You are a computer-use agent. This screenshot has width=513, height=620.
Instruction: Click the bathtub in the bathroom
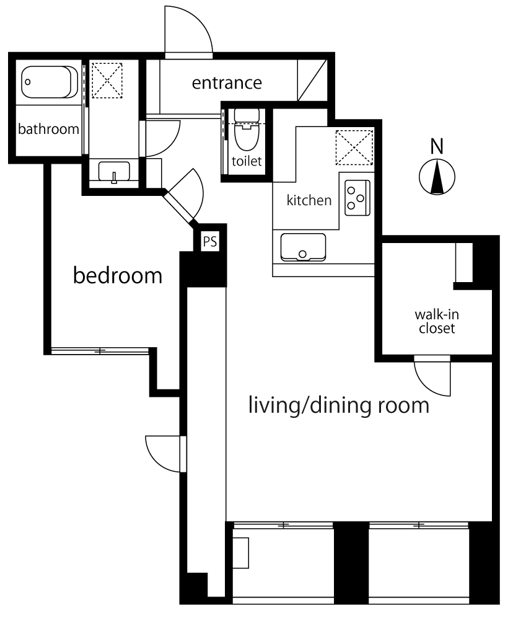tap(50, 82)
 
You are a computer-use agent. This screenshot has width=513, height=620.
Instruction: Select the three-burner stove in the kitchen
tap(357, 198)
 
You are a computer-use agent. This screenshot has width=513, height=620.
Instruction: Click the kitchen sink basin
tap(303, 247)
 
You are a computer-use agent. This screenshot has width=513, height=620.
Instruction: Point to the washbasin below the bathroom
tap(114, 172)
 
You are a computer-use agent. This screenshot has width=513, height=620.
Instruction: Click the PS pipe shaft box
tap(210, 241)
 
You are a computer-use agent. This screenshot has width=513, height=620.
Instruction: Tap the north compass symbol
tap(437, 177)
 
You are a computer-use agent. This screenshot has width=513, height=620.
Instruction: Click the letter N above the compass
tap(437, 146)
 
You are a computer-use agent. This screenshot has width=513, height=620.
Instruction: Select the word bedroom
tap(118, 275)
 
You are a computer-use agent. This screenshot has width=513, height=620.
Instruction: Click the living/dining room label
tap(339, 405)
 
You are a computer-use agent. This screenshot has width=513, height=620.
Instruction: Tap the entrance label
tap(227, 83)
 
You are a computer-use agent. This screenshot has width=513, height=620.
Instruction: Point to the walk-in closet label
tap(437, 321)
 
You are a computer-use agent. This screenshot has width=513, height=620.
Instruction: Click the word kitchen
tap(309, 200)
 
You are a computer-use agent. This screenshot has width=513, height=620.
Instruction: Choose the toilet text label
tap(247, 161)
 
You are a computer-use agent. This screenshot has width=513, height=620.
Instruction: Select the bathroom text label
tap(48, 129)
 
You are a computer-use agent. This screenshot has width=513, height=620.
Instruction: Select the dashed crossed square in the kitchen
tap(354, 148)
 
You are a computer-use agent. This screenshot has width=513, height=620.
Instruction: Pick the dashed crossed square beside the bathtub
tap(107, 80)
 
